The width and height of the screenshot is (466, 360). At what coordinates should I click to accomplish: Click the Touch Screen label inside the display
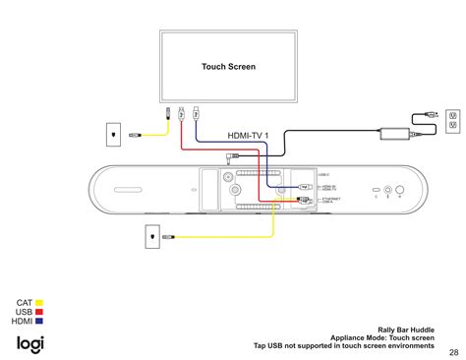[228, 67]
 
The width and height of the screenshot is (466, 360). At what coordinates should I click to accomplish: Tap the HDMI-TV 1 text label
[249, 135]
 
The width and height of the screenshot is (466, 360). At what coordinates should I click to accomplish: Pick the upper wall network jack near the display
[114, 132]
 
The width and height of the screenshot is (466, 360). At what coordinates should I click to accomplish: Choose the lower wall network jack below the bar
[149, 236]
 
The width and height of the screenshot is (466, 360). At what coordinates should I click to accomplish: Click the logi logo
[29, 343]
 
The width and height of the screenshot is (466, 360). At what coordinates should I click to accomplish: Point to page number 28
[453, 352]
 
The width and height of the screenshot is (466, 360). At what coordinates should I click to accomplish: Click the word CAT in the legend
[25, 304]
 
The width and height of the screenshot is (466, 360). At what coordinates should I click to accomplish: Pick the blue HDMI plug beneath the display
[197, 113]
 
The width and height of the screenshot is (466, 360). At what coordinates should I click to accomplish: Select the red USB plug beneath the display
[182, 113]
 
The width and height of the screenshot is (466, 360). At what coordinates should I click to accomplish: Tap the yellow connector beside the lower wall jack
[168, 237]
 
